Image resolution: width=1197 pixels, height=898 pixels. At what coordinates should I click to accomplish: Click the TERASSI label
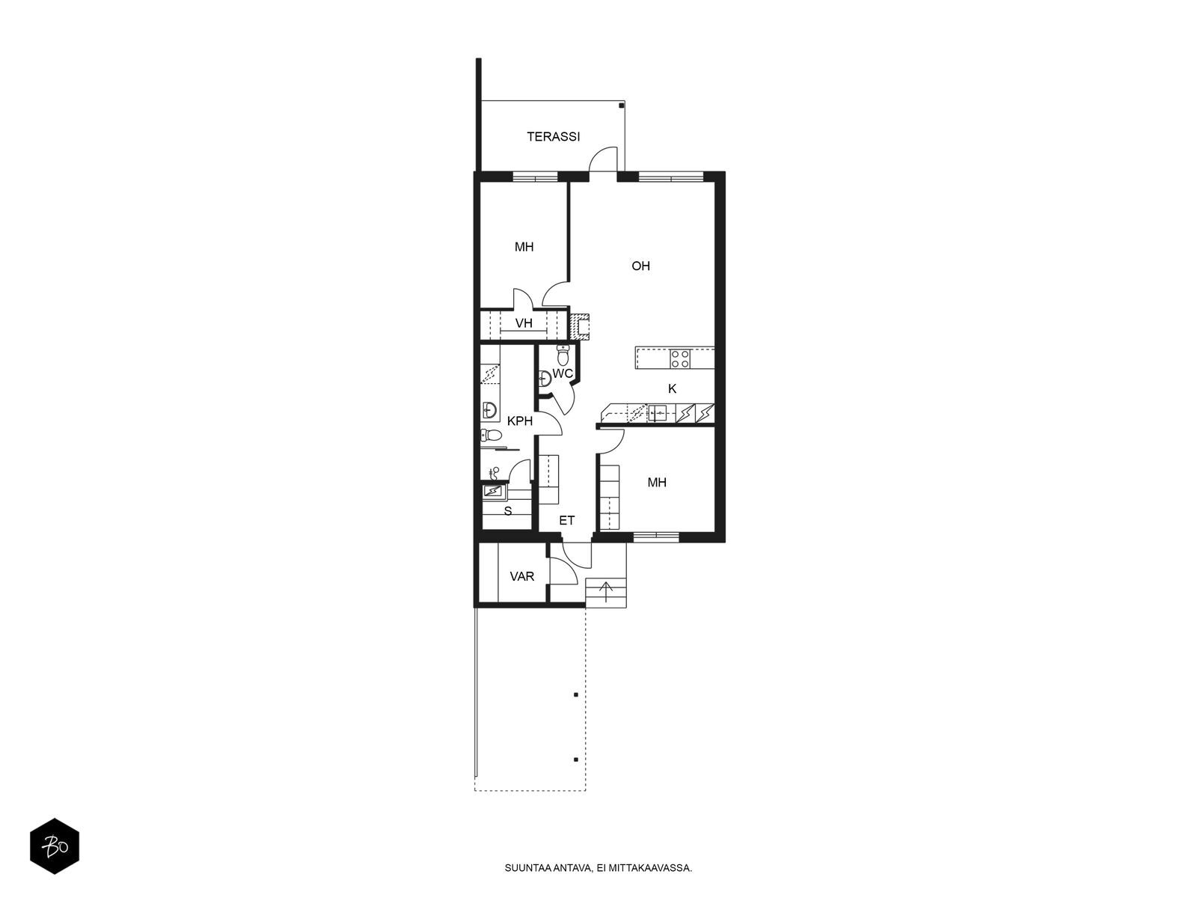point(553,137)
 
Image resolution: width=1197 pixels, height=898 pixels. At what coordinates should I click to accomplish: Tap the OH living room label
point(640,266)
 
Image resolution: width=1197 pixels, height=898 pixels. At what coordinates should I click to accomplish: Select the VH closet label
point(524,323)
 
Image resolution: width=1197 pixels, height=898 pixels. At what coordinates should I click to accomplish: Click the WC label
point(563,373)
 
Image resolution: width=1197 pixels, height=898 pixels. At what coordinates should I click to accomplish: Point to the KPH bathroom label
point(520,421)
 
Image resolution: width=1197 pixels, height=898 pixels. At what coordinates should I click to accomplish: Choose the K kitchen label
point(672,388)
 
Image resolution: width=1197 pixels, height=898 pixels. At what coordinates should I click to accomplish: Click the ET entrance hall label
point(566,521)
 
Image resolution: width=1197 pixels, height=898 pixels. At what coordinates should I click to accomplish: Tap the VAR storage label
point(522,576)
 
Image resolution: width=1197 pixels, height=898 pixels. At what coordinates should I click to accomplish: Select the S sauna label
point(508,511)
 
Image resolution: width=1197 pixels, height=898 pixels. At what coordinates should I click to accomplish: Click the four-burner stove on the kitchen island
point(680,358)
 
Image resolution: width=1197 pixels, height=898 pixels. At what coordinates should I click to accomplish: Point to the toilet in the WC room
point(563,355)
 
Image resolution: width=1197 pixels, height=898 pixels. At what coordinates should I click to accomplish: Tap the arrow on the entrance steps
point(605,591)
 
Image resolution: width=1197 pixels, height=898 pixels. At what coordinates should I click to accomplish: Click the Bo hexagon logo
point(55,846)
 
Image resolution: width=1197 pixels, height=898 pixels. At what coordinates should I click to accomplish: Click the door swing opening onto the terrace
point(602,159)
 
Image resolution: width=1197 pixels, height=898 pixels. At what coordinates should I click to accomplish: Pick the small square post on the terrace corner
point(621,106)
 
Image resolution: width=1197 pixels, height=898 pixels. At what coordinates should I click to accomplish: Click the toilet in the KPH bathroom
point(491,435)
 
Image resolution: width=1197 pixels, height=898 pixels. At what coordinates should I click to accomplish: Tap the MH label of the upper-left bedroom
point(524,247)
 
